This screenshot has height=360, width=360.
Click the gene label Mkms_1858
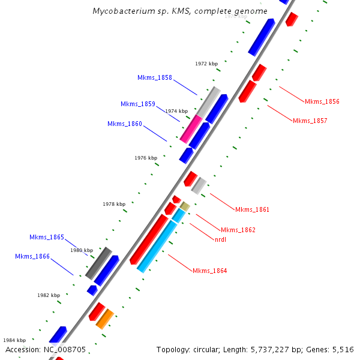point(154,77)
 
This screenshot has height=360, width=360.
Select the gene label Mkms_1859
point(137,104)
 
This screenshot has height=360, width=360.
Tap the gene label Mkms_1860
point(125,124)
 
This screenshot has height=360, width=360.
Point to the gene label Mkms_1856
point(322,101)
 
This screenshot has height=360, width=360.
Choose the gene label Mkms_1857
point(310,121)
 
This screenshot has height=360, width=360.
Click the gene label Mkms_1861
point(252,209)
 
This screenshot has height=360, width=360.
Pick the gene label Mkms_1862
point(238,230)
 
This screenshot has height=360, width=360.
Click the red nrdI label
point(220,239)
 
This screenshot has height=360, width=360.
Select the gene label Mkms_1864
point(209,271)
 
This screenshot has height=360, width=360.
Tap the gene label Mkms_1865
point(46,237)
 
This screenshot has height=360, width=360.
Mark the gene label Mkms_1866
point(32,256)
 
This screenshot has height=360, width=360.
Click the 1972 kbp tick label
point(206,63)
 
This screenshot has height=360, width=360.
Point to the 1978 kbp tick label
point(114,204)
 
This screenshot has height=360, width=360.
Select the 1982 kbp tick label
point(49,295)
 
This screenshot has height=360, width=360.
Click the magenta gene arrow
point(191,129)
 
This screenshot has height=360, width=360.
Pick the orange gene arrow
point(104,319)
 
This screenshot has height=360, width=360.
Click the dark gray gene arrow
point(98,263)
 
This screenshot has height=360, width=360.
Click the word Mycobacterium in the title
point(119,11)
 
